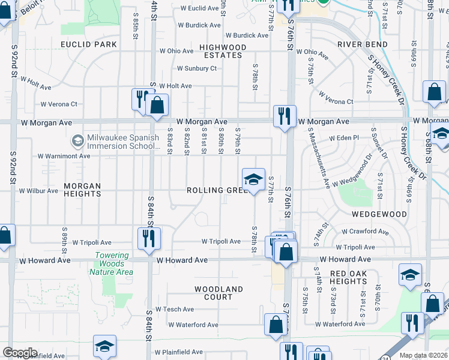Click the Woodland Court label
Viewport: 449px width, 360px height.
(x=218, y=293)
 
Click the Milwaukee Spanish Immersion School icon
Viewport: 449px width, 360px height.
(x=77, y=141)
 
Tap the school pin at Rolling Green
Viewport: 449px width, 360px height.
(x=254, y=179)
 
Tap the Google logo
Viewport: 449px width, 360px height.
(x=20, y=353)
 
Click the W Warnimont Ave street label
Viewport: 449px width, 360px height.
(x=64, y=156)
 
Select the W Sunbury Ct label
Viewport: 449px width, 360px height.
(x=196, y=68)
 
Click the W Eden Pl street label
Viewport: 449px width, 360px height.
(x=343, y=137)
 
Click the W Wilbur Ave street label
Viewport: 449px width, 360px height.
(x=38, y=191)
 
